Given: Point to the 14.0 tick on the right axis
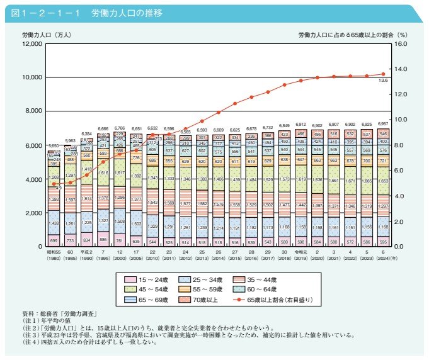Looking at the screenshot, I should (x=401, y=69).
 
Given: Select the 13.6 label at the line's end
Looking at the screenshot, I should (x=382, y=81).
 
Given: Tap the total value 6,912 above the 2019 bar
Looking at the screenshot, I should (x=301, y=125).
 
